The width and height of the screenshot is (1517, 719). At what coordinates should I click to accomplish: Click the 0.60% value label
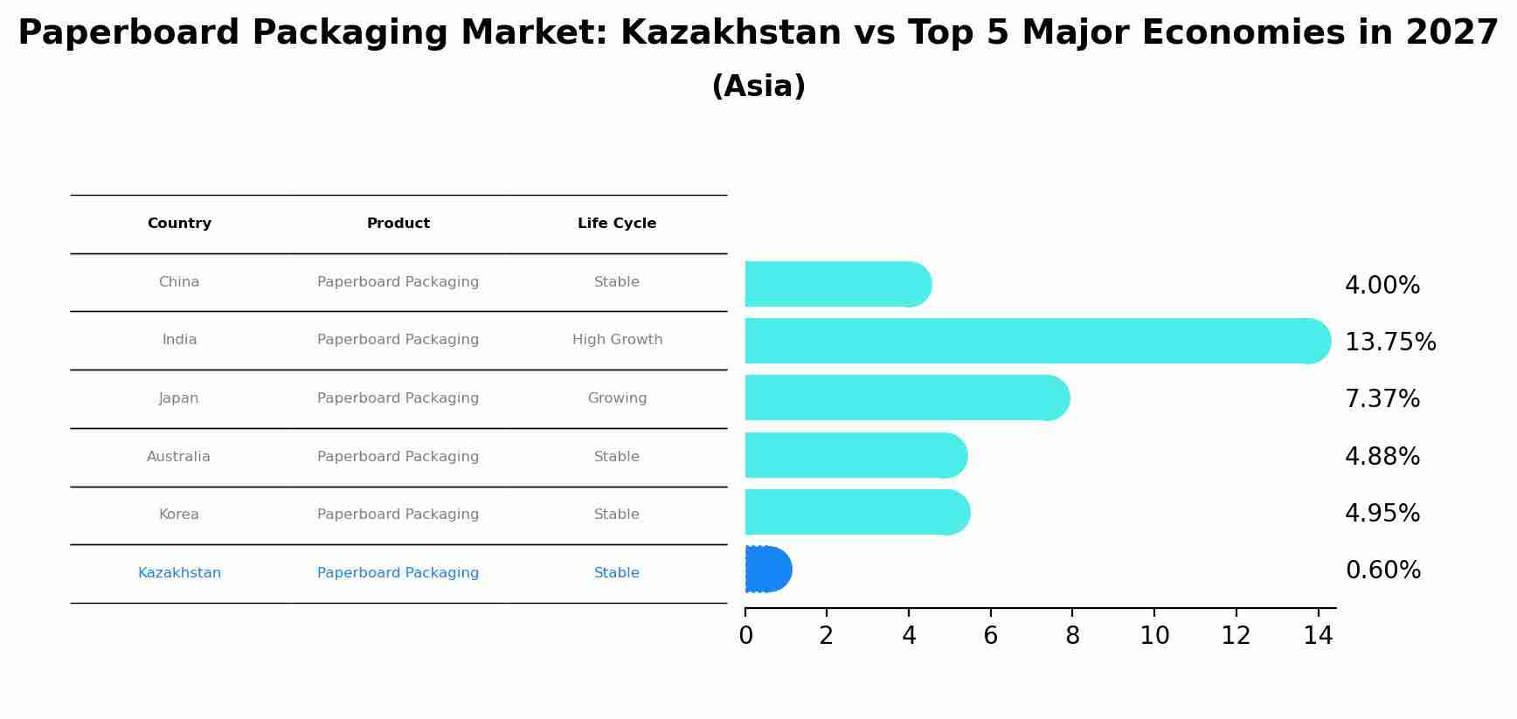click(1382, 570)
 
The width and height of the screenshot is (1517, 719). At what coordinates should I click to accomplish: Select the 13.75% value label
click(1389, 342)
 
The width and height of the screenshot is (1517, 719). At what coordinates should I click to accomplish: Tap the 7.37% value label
click(1382, 399)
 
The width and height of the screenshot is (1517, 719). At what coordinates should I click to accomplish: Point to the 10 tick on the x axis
click(1154, 636)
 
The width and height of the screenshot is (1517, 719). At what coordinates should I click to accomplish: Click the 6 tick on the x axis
click(990, 636)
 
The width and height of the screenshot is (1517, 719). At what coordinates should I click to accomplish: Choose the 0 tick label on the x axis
click(745, 636)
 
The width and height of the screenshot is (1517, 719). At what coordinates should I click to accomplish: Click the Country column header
click(179, 224)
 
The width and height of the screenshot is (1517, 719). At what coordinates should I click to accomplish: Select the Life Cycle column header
click(617, 224)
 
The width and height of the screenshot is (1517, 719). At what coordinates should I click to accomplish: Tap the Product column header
click(398, 224)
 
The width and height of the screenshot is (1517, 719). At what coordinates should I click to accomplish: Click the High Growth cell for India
click(617, 340)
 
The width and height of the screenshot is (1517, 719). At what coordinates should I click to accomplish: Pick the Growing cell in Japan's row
click(617, 398)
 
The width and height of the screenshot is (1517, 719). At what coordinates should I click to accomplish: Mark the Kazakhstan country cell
click(179, 573)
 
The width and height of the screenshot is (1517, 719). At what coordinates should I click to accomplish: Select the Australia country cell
click(178, 457)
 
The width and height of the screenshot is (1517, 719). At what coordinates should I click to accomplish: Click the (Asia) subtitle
click(758, 86)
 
